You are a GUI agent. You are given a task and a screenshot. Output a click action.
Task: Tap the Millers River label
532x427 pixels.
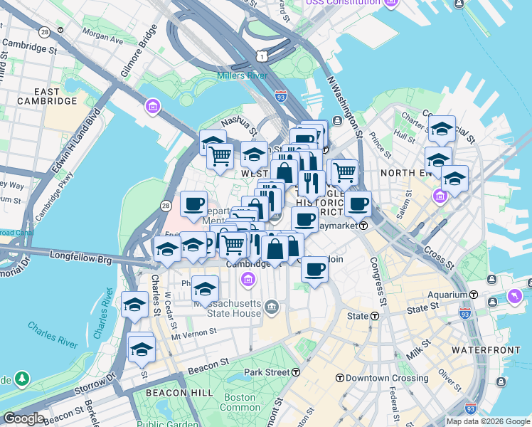click(246, 76)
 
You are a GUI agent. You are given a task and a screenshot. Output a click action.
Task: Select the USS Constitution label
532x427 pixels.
click(344, 3)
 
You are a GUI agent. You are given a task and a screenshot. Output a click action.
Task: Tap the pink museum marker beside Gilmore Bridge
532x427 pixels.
click(151, 107)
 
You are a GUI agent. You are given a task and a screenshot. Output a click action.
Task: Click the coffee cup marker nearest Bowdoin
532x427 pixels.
click(314, 269)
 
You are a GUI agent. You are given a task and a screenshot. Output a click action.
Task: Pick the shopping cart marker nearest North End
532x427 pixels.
click(344, 171)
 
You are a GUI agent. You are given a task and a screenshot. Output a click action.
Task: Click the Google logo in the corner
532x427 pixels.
click(23, 418)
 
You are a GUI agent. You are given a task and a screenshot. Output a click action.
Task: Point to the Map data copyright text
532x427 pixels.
click(489, 421)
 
